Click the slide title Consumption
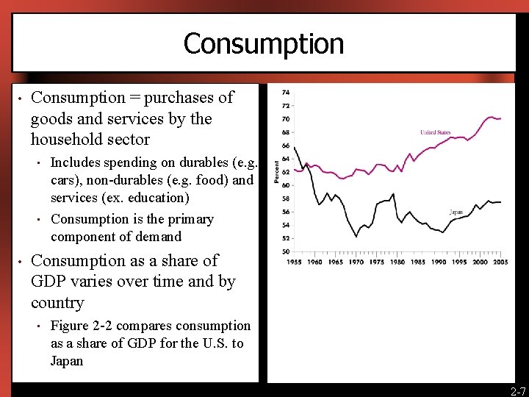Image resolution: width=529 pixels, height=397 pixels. (264, 43)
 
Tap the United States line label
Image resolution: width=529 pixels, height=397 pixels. (436, 132)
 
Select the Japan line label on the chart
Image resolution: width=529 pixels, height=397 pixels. (456, 212)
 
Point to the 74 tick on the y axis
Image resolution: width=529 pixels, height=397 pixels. (284, 92)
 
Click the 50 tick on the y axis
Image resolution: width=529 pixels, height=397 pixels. (284, 251)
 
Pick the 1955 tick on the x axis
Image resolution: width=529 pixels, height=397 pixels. (293, 262)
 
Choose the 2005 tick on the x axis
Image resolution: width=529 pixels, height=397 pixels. (501, 262)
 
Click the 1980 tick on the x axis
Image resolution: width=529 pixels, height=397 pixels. (397, 262)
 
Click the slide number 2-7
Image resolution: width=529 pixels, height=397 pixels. (518, 391)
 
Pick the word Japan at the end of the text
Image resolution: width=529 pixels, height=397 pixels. (67, 361)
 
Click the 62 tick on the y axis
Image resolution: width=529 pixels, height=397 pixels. (284, 172)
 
